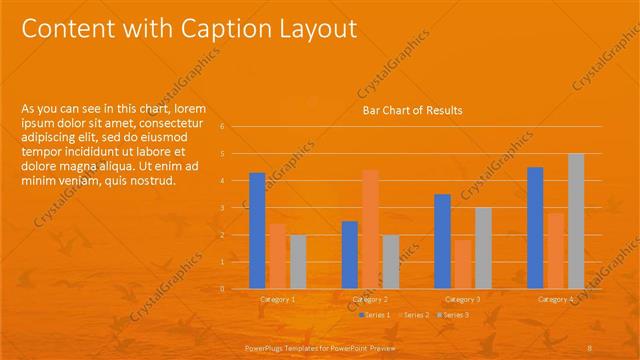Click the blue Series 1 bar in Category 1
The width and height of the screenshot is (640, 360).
pyautogui.click(x=257, y=230)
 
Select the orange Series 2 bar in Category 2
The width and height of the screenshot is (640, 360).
pyautogui.click(x=370, y=229)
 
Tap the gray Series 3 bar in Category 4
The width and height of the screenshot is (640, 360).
pyautogui.click(x=576, y=221)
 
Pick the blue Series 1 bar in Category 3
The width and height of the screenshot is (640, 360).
pyautogui.click(x=443, y=241)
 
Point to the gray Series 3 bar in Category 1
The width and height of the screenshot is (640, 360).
pyautogui.click(x=298, y=261)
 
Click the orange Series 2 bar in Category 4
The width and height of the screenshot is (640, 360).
pyautogui.click(x=555, y=250)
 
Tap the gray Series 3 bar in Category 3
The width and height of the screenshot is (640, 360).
pyautogui.click(x=483, y=248)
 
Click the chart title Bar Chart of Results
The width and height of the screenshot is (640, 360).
pyautogui.click(x=412, y=110)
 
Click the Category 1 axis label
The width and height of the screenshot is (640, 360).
pyautogui.click(x=278, y=299)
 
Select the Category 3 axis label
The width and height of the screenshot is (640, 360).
pyautogui.click(x=463, y=299)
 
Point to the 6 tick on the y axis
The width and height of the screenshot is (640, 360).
pyautogui.click(x=236, y=127)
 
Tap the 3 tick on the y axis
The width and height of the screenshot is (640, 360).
pyautogui.click(x=236, y=208)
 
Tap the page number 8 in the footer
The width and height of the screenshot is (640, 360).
pyautogui.click(x=590, y=345)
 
